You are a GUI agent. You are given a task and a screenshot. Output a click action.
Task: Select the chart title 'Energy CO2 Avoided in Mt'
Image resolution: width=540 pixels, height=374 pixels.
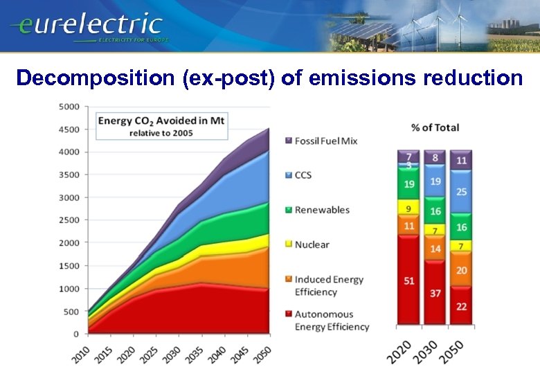coord(161,121)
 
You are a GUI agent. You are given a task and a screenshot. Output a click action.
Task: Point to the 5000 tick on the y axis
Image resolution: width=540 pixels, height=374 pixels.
coord(70,107)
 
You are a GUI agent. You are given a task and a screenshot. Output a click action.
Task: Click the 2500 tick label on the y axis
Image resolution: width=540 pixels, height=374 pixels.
coord(70,220)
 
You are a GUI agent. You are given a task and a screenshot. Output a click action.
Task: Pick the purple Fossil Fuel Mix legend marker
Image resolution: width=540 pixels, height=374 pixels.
coord(288,141)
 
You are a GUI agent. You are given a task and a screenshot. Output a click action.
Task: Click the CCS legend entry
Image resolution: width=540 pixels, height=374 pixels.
coord(303,175)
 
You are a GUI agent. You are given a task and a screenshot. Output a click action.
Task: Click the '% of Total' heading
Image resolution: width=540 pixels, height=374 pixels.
coord(435,127)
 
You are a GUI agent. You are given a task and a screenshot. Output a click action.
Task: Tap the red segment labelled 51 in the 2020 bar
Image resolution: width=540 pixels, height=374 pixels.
coord(409,280)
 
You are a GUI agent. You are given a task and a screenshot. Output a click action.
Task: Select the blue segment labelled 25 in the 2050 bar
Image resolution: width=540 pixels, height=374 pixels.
coord(462,192)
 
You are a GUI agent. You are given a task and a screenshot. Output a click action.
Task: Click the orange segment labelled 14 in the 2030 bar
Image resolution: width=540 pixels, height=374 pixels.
coord(435,248)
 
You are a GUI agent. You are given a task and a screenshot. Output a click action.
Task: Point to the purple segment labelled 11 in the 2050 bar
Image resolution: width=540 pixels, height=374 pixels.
coord(462,161)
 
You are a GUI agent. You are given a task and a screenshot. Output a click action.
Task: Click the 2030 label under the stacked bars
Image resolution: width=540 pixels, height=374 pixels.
coord(431,350)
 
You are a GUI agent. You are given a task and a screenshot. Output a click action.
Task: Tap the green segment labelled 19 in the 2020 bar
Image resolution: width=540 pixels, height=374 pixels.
coord(409,185)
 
